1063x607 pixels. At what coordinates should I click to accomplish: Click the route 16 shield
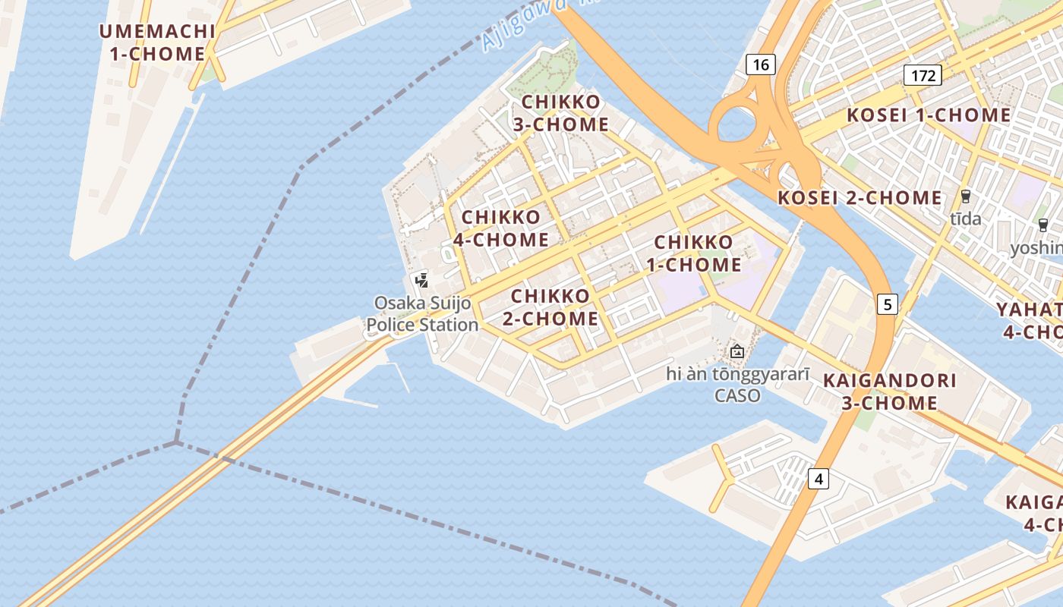click(761, 64)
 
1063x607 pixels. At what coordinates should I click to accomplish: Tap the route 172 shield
click(923, 75)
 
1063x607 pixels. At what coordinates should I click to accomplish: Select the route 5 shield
click(887, 304)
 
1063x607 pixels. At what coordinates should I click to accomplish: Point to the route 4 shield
click(818, 479)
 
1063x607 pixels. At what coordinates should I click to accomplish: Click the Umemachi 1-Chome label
click(157, 42)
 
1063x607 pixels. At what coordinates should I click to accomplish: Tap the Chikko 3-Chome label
click(561, 113)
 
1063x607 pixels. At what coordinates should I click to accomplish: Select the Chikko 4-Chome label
click(501, 228)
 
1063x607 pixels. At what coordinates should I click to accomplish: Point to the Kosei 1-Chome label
click(929, 115)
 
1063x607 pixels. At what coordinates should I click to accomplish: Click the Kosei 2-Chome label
click(860, 198)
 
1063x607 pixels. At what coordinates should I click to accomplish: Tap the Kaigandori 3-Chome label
click(889, 392)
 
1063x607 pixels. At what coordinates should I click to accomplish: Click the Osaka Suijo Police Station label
click(422, 314)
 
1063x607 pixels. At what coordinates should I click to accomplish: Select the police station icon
click(422, 280)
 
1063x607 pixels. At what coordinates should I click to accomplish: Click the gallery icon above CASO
click(737, 351)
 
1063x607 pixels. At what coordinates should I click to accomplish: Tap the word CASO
click(737, 395)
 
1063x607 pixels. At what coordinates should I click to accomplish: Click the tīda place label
click(966, 219)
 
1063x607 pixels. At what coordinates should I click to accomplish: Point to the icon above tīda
click(966, 197)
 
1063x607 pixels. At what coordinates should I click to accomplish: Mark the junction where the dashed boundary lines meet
click(176, 442)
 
